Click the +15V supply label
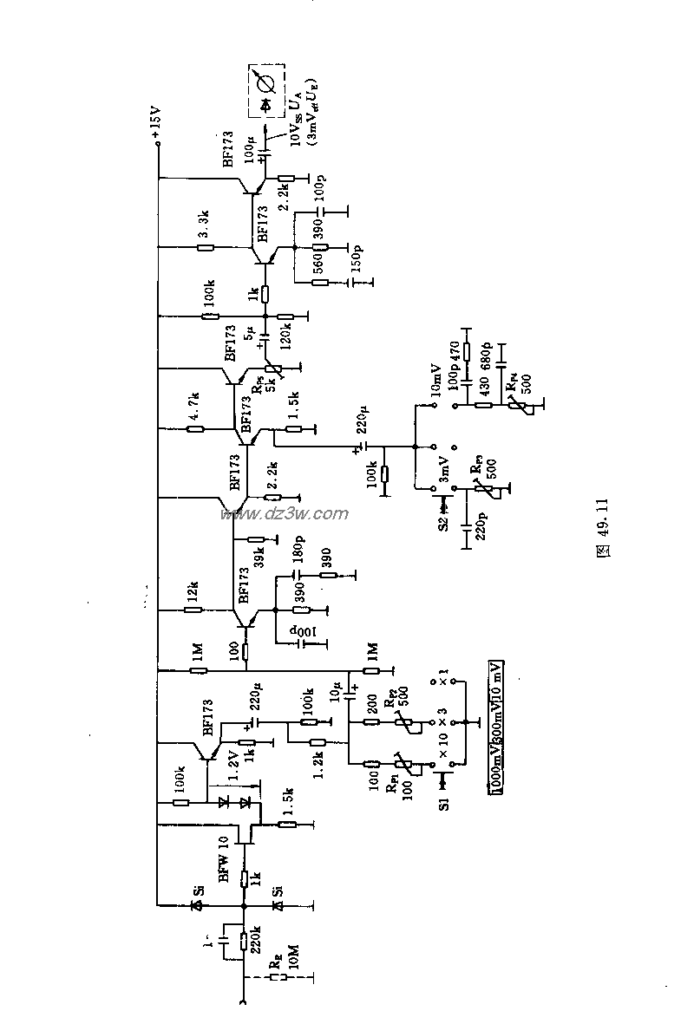click(x=155, y=124)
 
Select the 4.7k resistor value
click(x=195, y=401)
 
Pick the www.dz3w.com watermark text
click(x=285, y=514)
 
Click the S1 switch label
click(x=444, y=805)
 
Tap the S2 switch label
click(x=443, y=522)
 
